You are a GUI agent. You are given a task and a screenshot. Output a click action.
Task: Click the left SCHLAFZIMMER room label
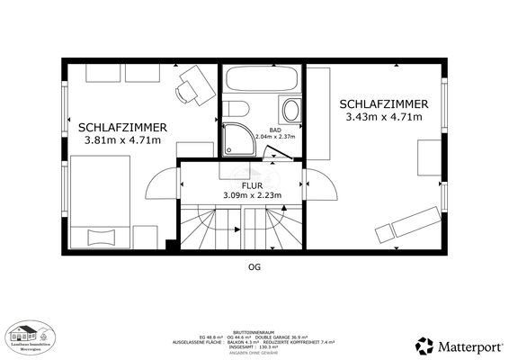[x=120, y=127]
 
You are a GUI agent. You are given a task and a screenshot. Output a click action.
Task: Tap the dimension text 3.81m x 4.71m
[x=122, y=140]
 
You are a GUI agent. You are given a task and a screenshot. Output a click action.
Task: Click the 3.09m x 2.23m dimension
[x=252, y=195]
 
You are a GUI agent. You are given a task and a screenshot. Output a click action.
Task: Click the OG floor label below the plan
[x=254, y=267]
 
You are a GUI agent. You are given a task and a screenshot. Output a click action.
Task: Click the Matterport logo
[x=460, y=345]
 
